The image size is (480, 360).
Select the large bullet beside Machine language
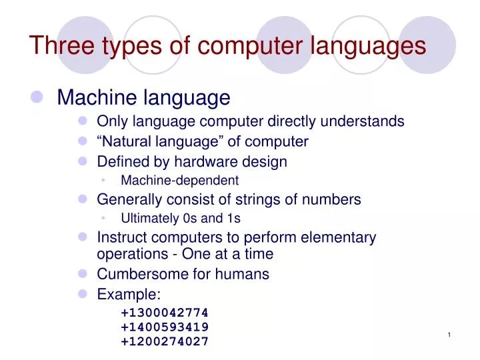[x=37, y=98]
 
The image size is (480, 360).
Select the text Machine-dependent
[x=179, y=180]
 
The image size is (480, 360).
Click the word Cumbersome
[x=139, y=273]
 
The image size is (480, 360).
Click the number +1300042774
[x=165, y=312]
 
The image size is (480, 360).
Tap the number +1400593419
[x=165, y=327]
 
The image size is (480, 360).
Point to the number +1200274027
[x=165, y=341]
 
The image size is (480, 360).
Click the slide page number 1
[x=450, y=334]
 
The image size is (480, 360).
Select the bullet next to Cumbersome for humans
[x=83, y=274]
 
